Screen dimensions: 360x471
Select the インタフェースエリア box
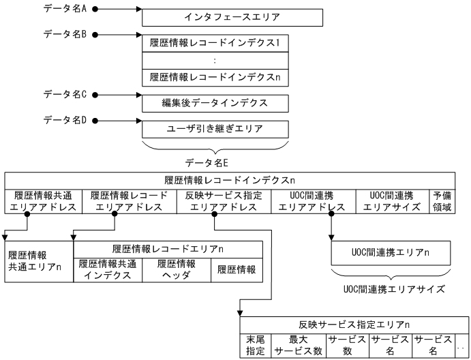coord(215,15)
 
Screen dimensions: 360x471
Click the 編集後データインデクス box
coord(215,103)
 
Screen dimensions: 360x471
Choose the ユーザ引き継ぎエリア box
coord(215,128)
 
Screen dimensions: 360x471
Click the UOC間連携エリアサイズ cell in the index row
coord(393,201)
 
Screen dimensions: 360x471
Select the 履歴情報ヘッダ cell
coord(177,270)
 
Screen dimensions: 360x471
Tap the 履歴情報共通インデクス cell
coord(107,270)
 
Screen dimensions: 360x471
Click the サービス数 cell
coord(348,346)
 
